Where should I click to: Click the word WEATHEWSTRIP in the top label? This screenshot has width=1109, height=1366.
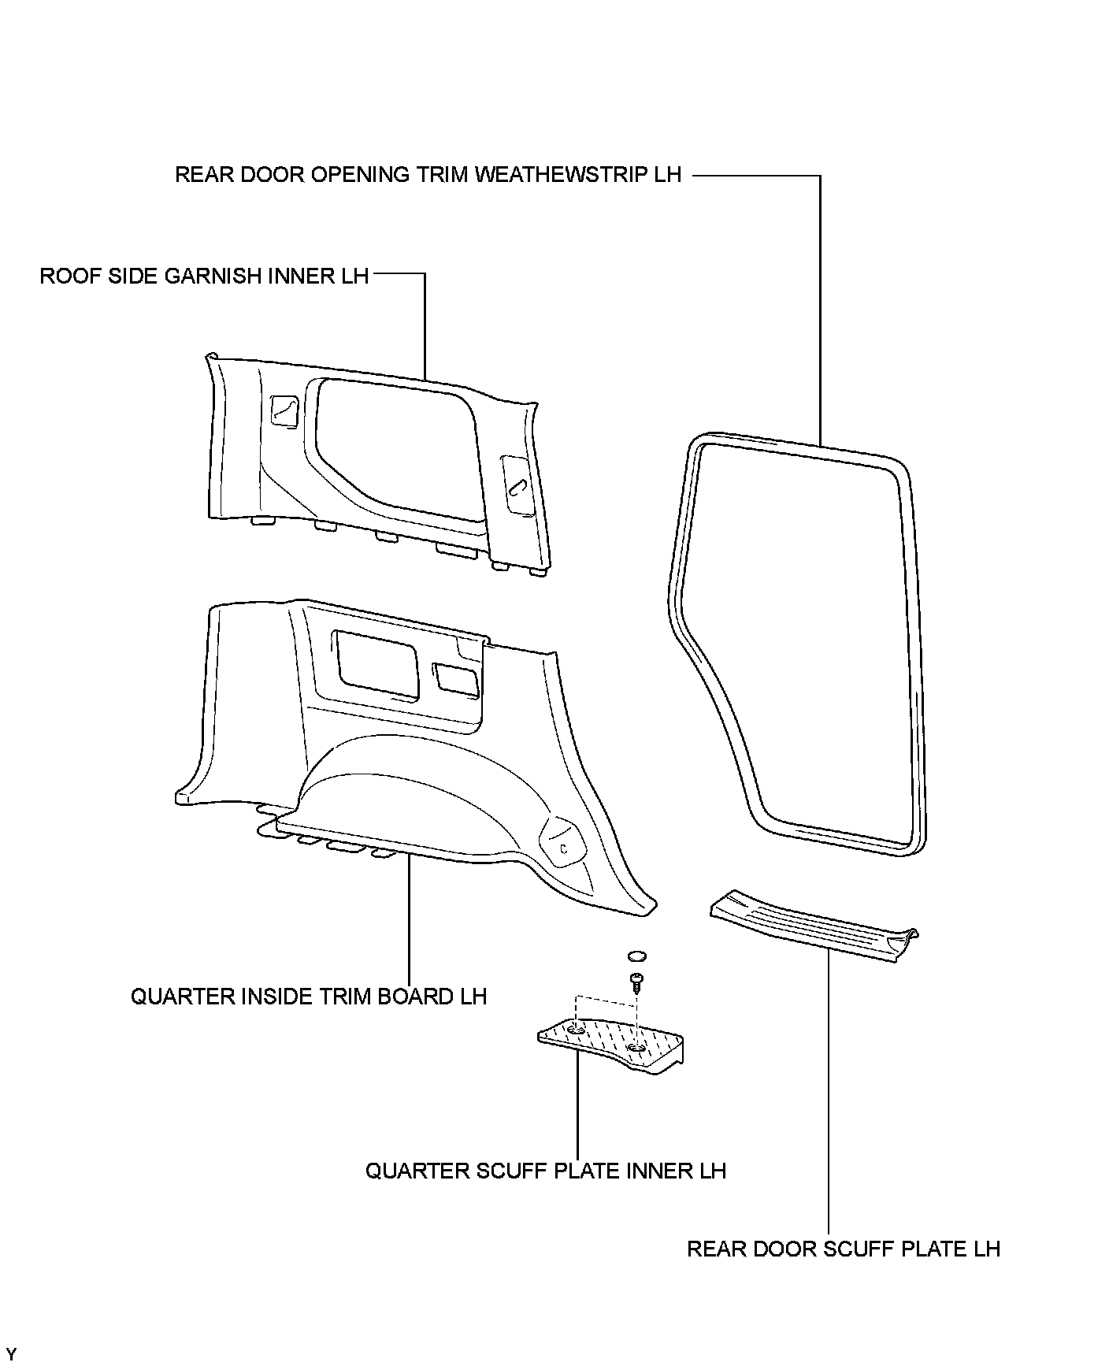(x=563, y=175)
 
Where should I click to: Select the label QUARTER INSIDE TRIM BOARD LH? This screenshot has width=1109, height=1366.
(x=309, y=997)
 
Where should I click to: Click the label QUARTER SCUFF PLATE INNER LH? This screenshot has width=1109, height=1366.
(x=545, y=1171)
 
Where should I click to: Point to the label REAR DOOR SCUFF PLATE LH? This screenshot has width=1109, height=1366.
(x=844, y=1249)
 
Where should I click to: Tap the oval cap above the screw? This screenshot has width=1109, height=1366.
(x=637, y=956)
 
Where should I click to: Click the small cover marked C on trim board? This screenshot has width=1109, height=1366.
(x=562, y=842)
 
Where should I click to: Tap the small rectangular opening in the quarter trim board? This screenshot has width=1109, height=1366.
(x=457, y=679)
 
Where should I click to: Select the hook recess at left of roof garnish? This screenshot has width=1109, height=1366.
(x=283, y=410)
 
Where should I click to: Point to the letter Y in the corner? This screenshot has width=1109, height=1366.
(x=11, y=1353)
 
